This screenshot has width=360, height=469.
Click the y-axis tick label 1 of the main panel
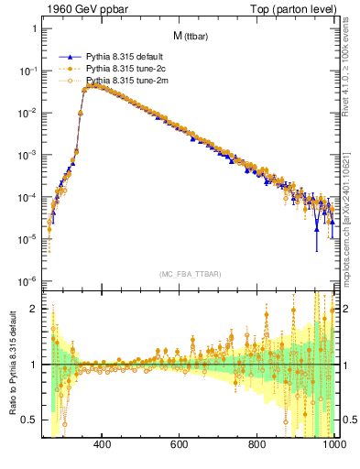point(34,28)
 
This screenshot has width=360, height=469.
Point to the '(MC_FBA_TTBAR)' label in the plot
point(190,274)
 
